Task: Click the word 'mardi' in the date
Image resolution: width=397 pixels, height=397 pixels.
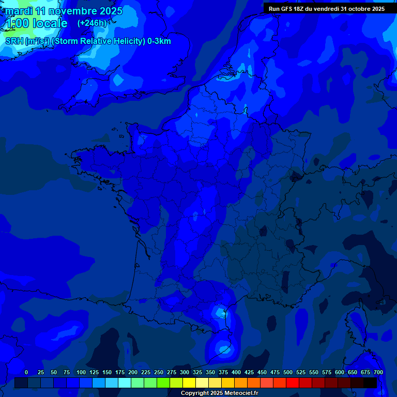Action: (19, 11)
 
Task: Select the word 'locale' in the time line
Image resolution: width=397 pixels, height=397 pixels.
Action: (50, 23)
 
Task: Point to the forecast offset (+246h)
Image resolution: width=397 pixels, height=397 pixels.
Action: (91, 23)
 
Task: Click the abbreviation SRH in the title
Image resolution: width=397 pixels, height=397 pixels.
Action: (14, 41)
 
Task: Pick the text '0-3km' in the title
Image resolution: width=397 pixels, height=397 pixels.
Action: (159, 41)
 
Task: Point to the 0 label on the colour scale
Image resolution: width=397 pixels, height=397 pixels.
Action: (26, 372)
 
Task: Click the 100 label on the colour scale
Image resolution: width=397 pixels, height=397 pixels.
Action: (81, 372)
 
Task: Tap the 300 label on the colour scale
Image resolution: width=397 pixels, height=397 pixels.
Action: (185, 372)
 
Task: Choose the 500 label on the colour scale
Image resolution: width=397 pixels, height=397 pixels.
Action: (288, 372)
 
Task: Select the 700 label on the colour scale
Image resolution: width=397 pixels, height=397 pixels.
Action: (378, 372)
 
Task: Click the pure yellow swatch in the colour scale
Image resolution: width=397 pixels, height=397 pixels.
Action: (189, 383)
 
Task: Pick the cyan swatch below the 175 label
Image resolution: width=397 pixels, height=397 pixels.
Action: (125, 383)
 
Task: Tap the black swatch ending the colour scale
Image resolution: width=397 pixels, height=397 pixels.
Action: (370, 383)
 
